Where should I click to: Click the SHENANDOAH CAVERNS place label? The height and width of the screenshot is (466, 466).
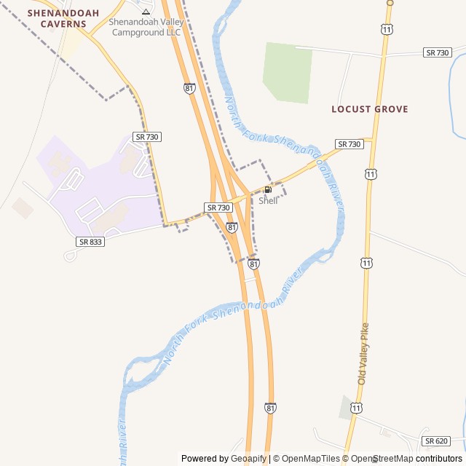click(57, 18)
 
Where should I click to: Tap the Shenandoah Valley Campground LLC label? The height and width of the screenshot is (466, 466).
click(145, 27)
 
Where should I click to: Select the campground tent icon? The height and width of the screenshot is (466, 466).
click(146, 12)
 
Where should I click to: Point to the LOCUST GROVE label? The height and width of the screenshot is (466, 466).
click(369, 109)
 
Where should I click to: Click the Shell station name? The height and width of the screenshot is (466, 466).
click(268, 201)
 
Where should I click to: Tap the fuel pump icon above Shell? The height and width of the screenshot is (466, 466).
click(268, 190)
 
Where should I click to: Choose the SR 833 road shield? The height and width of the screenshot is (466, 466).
click(90, 241)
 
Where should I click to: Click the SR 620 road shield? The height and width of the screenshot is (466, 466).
click(435, 441)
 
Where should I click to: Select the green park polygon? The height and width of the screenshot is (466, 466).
click(288, 71)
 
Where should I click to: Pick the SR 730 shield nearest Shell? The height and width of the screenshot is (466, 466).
click(218, 208)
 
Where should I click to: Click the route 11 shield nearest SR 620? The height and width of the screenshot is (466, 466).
click(355, 408)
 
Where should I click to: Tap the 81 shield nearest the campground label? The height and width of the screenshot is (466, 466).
click(189, 87)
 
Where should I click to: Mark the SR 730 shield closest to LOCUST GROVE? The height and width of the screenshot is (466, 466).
click(349, 144)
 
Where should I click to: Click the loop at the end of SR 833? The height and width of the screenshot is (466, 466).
click(71, 256)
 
